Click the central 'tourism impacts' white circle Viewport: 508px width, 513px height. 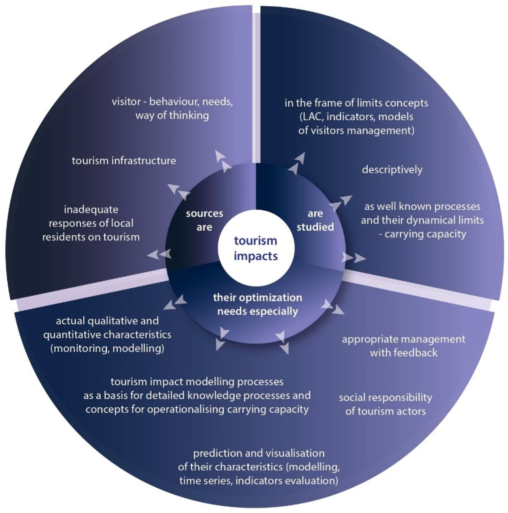[x=256, y=248]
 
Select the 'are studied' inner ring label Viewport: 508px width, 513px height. [x=315, y=220]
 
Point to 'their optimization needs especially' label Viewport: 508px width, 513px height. [x=257, y=304]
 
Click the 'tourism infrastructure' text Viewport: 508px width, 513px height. [x=124, y=161]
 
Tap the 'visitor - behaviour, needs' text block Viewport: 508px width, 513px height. [x=172, y=108]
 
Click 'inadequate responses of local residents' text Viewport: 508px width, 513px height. [x=91, y=223]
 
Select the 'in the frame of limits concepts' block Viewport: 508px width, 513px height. [x=356, y=117]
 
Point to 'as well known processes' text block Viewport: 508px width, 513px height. [x=422, y=220]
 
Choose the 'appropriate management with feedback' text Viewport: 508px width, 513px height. [x=403, y=346]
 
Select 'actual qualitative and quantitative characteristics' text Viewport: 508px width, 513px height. [x=107, y=334]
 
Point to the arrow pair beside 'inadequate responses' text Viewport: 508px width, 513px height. [x=159, y=254]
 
